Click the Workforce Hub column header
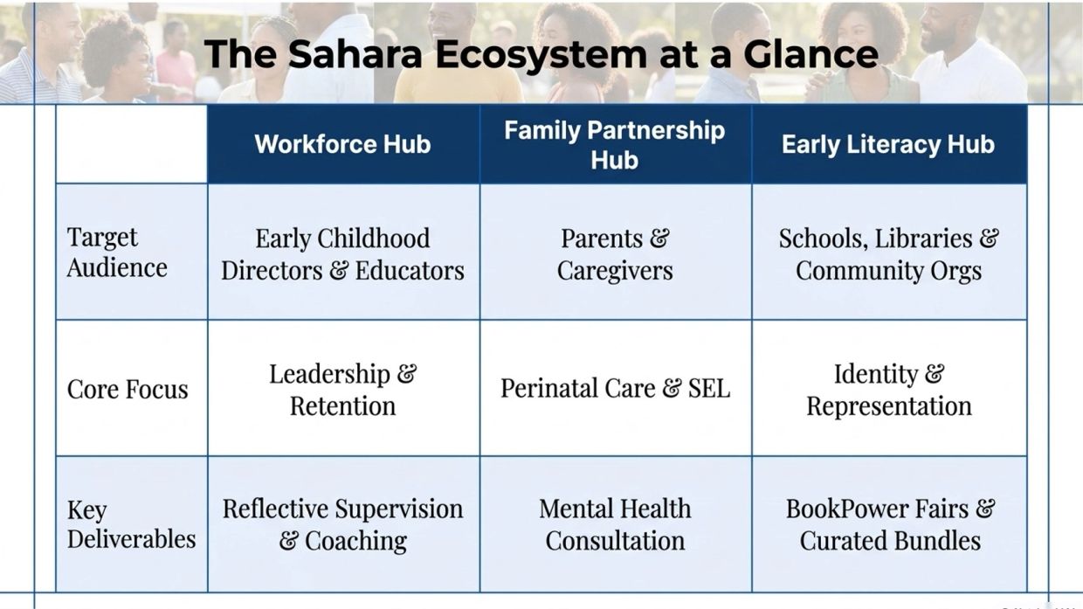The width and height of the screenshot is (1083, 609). click(342, 144)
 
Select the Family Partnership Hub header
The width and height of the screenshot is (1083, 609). click(615, 145)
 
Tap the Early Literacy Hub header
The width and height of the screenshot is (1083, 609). click(888, 145)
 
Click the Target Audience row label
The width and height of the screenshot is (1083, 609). click(117, 253)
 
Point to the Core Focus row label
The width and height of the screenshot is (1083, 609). click(128, 389)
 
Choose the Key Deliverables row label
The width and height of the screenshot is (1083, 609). click(132, 525)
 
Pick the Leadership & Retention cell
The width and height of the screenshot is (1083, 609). click(342, 390)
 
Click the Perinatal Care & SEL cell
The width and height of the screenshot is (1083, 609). click(615, 389)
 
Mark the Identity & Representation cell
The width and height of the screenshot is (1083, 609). click(888, 390)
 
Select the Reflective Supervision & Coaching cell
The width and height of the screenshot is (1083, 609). click(342, 524)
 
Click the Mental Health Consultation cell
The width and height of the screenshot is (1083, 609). click(615, 524)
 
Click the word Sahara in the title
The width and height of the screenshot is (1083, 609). click(355, 53)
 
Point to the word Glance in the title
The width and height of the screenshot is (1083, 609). click(811, 53)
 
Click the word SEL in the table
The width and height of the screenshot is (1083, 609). click(709, 389)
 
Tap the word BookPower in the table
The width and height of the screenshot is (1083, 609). click(852, 509)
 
